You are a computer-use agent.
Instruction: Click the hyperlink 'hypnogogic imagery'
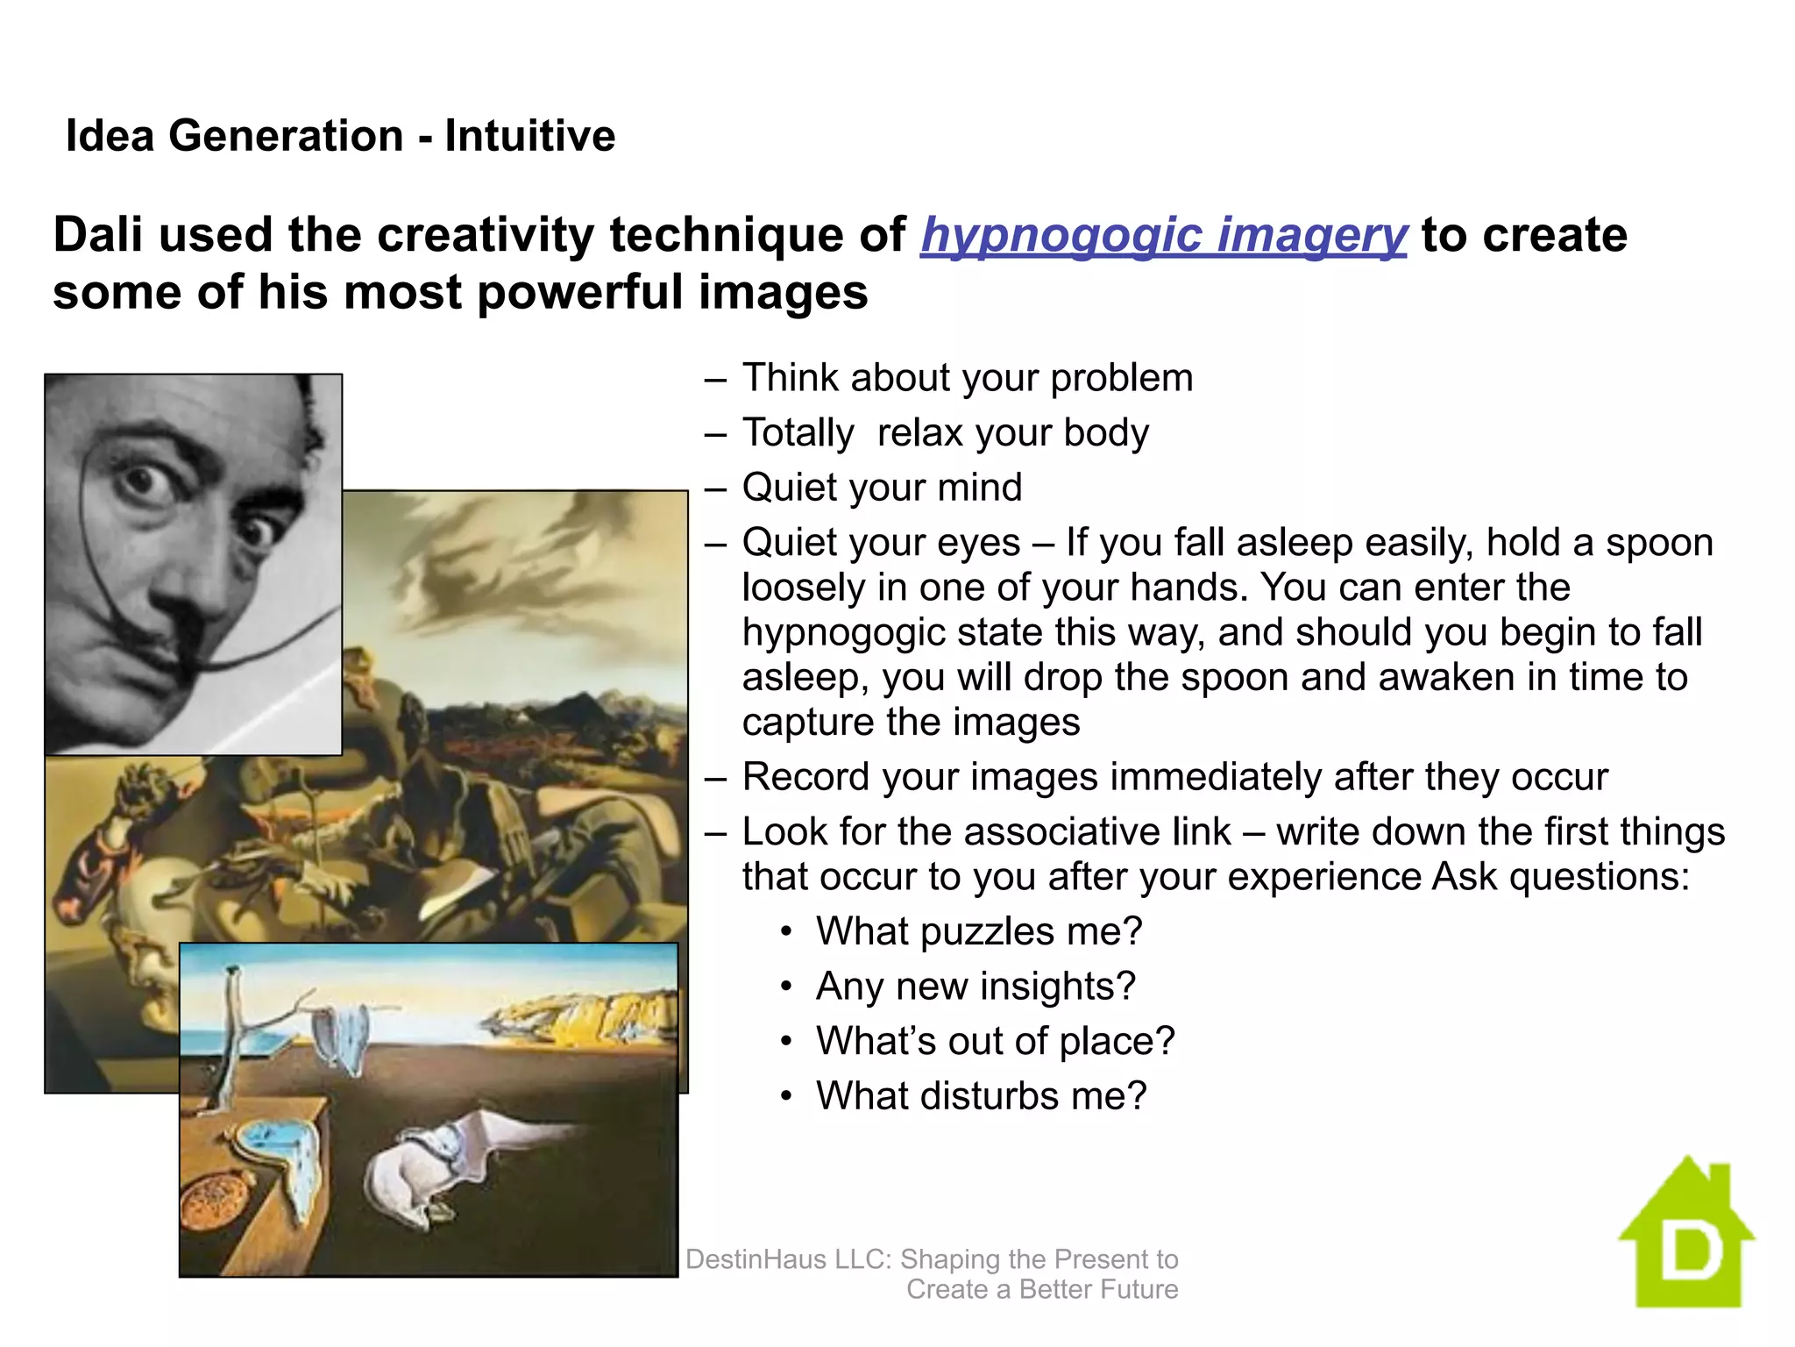click(1163, 236)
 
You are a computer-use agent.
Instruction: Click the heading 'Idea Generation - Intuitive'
click(340, 136)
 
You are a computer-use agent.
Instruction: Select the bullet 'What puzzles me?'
click(979, 931)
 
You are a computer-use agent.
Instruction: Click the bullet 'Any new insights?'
click(976, 987)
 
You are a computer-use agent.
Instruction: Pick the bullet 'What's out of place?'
click(995, 1041)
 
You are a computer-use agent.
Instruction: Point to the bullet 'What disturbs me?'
click(981, 1096)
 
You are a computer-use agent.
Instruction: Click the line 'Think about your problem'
click(968, 378)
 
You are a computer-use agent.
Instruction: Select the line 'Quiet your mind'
click(882, 488)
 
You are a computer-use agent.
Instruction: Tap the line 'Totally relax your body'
click(945, 433)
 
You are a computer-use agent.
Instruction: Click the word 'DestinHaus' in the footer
click(756, 1259)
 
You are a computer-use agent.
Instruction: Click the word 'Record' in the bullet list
click(805, 778)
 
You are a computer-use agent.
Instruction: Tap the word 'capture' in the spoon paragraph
click(807, 723)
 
